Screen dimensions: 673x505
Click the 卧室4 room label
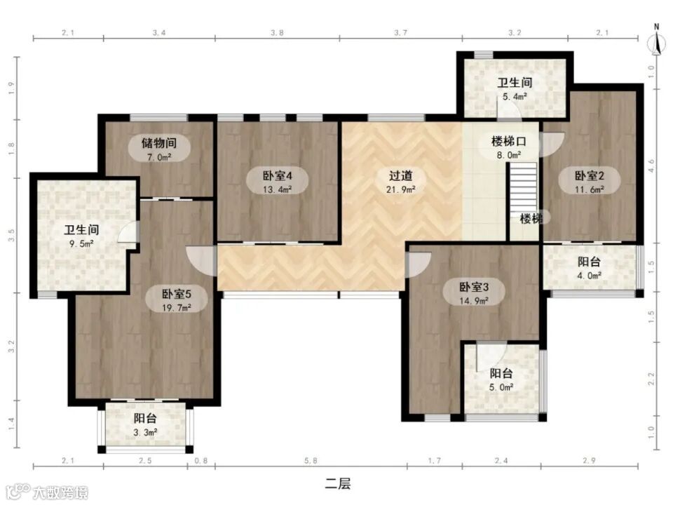click(x=278, y=175)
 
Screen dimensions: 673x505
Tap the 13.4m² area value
click(x=278, y=189)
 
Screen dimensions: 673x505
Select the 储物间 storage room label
click(x=159, y=142)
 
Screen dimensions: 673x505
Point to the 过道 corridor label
click(x=400, y=175)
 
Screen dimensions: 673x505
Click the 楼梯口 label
click(x=509, y=141)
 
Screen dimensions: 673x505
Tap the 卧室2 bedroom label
click(x=590, y=175)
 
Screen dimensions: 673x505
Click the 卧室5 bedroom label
click(x=177, y=294)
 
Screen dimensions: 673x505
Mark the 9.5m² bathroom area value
click(x=82, y=244)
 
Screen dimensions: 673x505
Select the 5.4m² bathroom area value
click(x=515, y=97)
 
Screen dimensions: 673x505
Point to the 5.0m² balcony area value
click(x=501, y=387)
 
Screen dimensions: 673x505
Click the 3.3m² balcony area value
click(x=145, y=433)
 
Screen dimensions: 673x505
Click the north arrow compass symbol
click(x=656, y=41)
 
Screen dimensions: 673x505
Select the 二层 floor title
click(x=337, y=484)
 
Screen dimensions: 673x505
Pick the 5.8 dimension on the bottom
click(x=311, y=461)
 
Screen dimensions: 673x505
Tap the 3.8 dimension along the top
click(x=278, y=33)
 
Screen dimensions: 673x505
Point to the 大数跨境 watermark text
click(x=61, y=492)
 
